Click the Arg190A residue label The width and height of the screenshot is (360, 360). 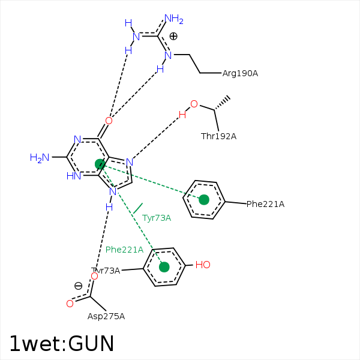(240, 73)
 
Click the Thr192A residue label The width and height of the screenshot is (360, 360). (218, 136)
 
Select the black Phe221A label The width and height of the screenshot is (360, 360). (265, 204)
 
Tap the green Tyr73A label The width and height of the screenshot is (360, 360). (157, 218)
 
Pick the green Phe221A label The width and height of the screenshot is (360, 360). (124, 250)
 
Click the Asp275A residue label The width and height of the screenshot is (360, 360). (106, 316)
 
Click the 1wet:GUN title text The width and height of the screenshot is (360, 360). (62, 343)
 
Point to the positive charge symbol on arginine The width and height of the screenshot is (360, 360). (173, 36)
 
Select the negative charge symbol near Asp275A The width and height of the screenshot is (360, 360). (78, 286)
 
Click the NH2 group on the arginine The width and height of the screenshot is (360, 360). (174, 19)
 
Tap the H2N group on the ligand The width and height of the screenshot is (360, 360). (40, 158)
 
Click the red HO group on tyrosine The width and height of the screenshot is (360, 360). (203, 265)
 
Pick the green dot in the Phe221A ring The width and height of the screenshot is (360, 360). (204, 200)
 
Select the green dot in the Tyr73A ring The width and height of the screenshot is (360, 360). (164, 267)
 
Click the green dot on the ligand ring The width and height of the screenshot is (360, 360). (100, 164)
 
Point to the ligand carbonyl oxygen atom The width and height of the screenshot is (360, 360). (109, 121)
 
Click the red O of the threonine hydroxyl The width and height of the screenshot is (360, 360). (194, 104)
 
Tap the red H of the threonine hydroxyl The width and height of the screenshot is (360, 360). (182, 115)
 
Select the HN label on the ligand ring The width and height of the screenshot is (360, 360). (74, 176)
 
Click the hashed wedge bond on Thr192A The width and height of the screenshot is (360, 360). (221, 104)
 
